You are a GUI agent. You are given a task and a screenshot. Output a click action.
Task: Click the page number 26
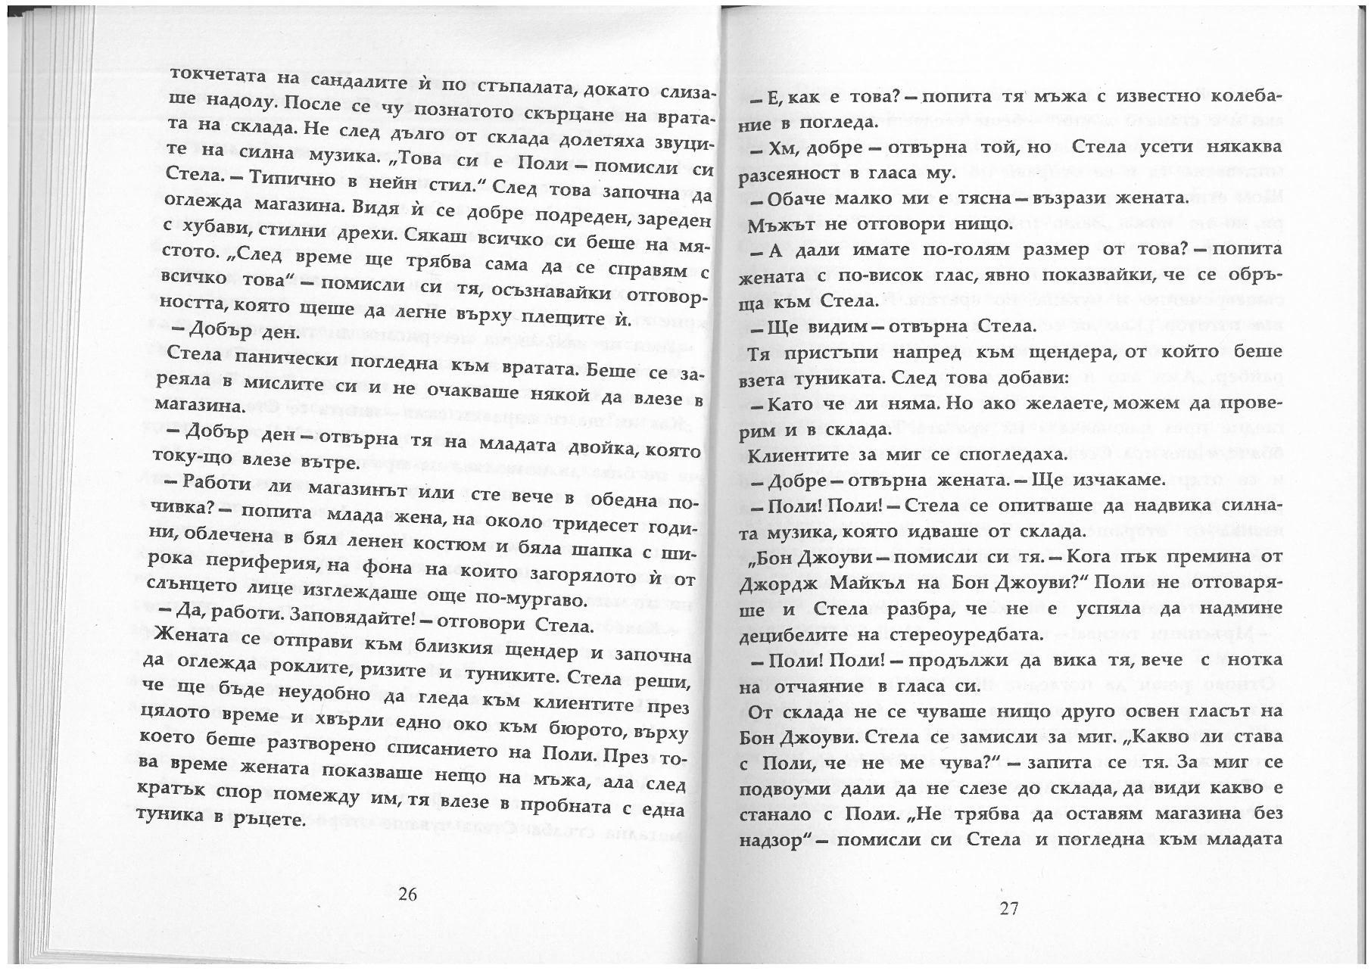[407, 894]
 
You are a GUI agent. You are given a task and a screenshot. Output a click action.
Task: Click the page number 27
[1009, 908]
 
